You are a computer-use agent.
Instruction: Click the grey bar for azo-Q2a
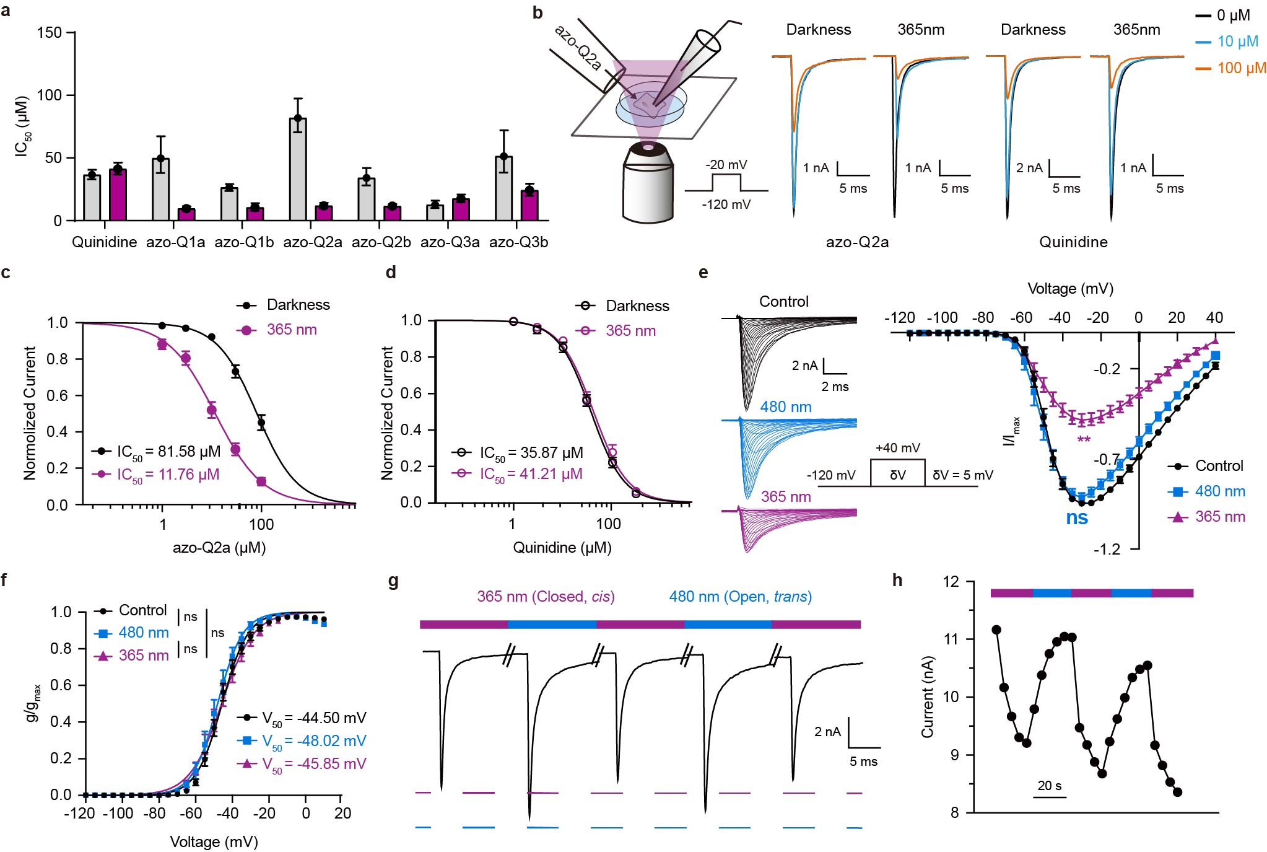pyautogui.click(x=298, y=169)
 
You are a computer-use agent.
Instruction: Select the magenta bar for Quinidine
pyautogui.click(x=118, y=195)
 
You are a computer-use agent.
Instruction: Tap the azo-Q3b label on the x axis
pyautogui.click(x=519, y=242)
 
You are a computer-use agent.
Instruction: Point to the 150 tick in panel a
pyautogui.click(x=50, y=32)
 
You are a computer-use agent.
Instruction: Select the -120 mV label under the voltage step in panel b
pyautogui.click(x=726, y=204)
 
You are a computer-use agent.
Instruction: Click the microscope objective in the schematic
pyautogui.click(x=648, y=182)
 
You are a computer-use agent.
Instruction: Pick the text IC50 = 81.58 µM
pyautogui.click(x=168, y=452)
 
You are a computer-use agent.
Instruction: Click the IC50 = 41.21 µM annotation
pyautogui.click(x=531, y=475)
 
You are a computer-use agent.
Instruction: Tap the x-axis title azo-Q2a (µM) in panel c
pyautogui.click(x=219, y=548)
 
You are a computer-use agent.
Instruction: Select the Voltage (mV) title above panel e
pyautogui.click(x=1071, y=289)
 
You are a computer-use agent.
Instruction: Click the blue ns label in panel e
pyautogui.click(x=1077, y=518)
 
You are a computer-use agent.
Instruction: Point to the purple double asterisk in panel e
pyautogui.click(x=1084, y=439)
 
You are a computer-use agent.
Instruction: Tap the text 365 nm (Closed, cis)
pyautogui.click(x=546, y=597)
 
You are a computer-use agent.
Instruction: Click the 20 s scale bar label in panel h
pyautogui.click(x=1050, y=786)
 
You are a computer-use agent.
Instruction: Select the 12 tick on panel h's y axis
pyautogui.click(x=951, y=582)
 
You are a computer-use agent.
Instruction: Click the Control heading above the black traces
pyautogui.click(x=784, y=302)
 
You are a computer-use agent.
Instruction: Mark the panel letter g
pyautogui.click(x=393, y=582)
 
